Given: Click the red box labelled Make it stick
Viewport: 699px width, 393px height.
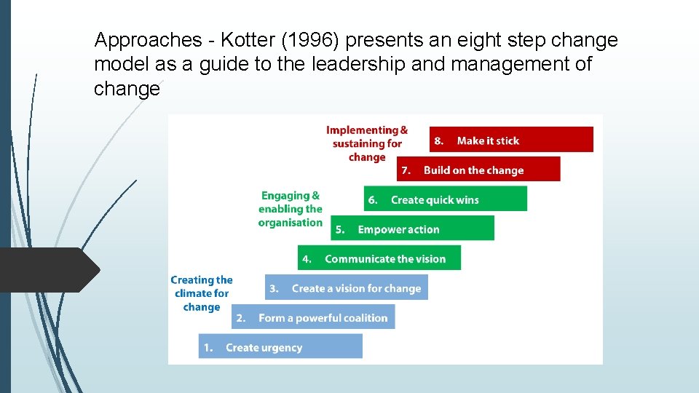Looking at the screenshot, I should (511, 140).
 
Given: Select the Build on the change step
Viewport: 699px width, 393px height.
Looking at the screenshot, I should (478, 170).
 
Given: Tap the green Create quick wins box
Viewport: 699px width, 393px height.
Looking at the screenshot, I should (445, 199).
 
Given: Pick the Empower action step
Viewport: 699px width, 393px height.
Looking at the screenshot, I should (412, 229).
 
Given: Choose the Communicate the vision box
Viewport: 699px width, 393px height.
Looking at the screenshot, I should (379, 258).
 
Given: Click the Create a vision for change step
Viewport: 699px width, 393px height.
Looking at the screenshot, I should (346, 288).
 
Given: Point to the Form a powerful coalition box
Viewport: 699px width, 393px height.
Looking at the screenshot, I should (313, 317).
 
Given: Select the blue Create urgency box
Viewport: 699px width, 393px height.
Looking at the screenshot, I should (280, 347).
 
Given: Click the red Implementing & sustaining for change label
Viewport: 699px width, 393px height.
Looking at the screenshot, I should (367, 143).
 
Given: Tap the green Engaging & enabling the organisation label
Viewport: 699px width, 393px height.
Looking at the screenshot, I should (291, 209).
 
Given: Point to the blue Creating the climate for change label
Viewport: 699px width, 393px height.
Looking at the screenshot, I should (202, 293).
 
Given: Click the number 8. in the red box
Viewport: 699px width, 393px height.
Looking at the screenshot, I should (439, 140).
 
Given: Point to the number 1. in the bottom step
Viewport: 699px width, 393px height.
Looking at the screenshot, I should (208, 347).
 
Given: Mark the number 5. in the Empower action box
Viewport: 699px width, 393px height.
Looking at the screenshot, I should (340, 229).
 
